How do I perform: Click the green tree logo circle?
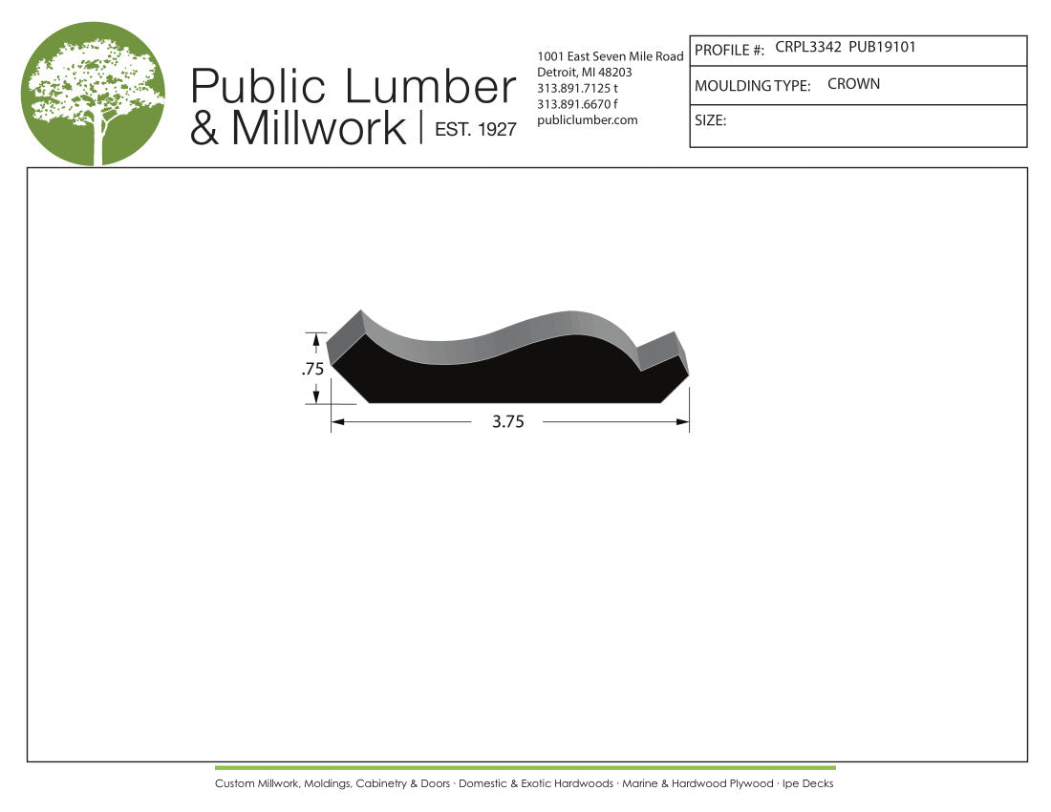pyautogui.click(x=94, y=94)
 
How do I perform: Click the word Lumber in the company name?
pyautogui.click(x=430, y=87)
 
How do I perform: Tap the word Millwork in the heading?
pyautogui.click(x=319, y=127)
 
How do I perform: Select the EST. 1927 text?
pyautogui.click(x=476, y=129)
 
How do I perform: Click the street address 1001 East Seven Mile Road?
pyautogui.click(x=610, y=56)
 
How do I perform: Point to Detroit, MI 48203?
pyautogui.click(x=585, y=73)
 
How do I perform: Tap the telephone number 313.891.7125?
pyautogui.click(x=573, y=89)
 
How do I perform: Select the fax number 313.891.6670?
pyautogui.click(x=573, y=104)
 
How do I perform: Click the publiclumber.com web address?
pyautogui.click(x=588, y=120)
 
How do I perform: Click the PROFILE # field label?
pyautogui.click(x=729, y=51)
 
